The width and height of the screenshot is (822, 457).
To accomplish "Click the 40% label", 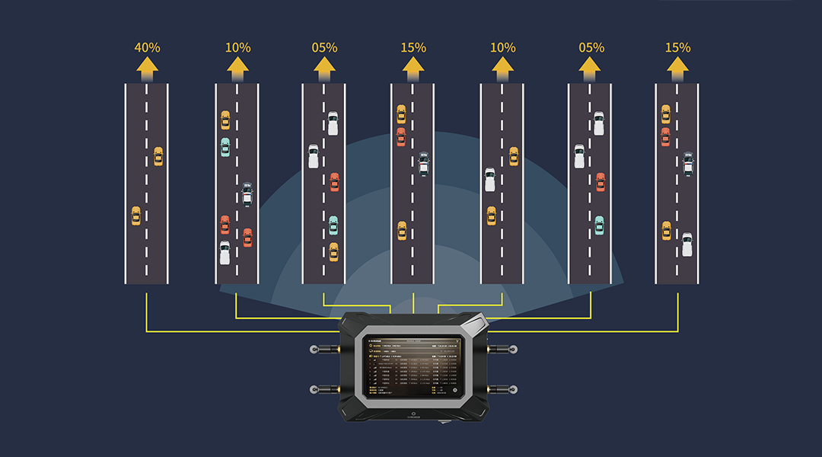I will [x=147, y=47].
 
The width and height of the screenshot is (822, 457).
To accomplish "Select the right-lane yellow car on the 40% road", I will [x=158, y=156].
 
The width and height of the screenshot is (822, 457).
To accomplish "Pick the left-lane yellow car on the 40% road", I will [x=135, y=216].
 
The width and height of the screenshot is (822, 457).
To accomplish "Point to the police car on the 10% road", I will [x=247, y=195].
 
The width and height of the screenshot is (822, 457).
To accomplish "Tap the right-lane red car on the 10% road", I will [x=247, y=237].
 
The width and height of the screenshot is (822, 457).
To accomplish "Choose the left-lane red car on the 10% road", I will [x=225, y=225].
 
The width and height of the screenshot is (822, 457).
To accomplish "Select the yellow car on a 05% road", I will [x=333, y=251].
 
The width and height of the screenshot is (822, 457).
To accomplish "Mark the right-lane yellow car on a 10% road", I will [x=514, y=156].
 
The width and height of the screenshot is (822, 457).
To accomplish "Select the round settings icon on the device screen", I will [x=454, y=391].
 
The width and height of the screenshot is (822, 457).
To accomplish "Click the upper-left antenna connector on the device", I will [x=314, y=349].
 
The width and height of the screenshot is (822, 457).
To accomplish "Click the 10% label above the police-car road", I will [x=237, y=47].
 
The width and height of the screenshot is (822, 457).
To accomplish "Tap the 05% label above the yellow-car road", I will [x=324, y=47].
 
